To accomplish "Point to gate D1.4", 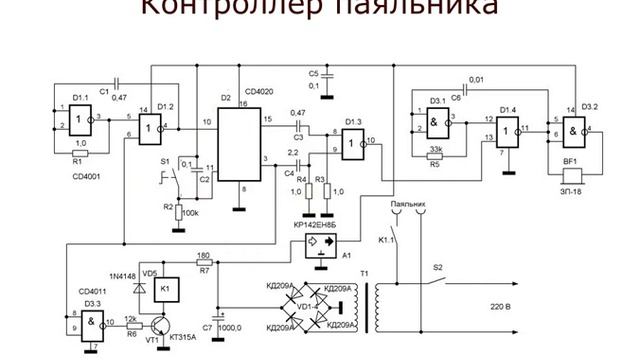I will click(x=513, y=130).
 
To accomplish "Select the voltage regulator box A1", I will click(x=323, y=242).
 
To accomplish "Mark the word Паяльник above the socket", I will click(x=408, y=204).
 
